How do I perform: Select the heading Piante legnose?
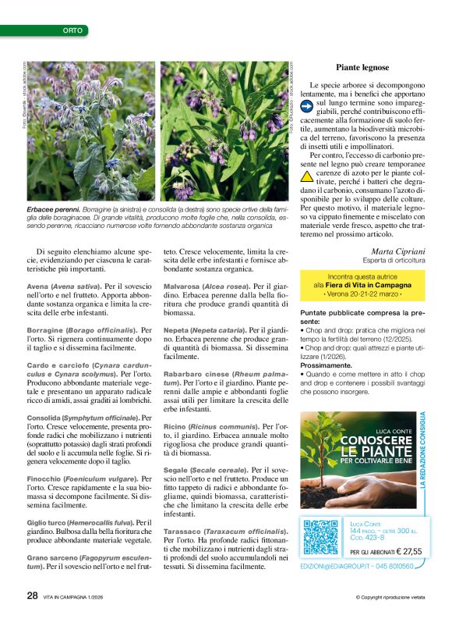pyautogui.click(x=362, y=68)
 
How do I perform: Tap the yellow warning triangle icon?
pyautogui.click(x=306, y=176)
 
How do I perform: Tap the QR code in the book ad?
pyautogui.click(x=320, y=536)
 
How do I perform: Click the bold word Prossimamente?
pyautogui.click(x=331, y=364)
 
